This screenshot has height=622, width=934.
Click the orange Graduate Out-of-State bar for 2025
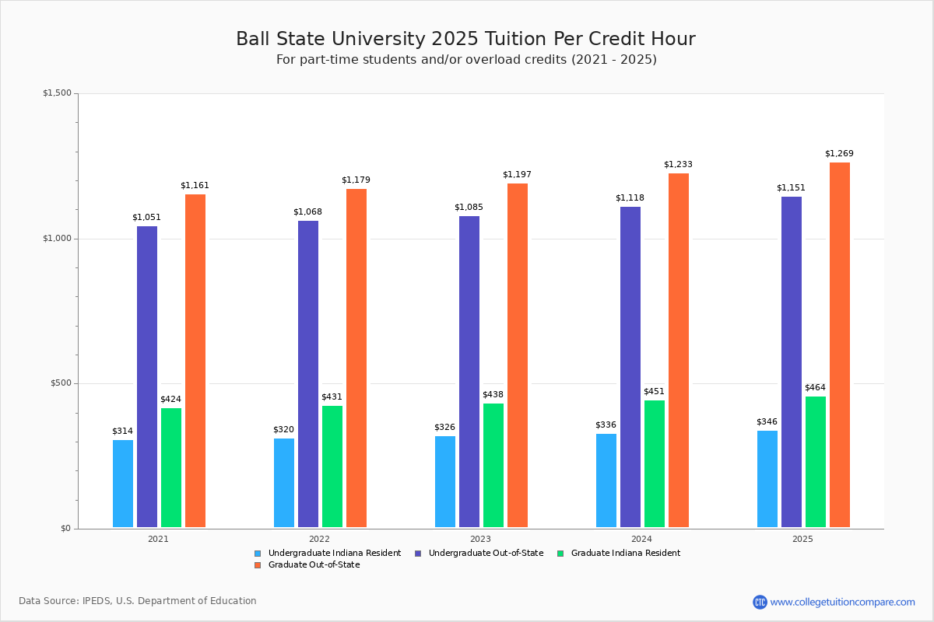pos(839,345)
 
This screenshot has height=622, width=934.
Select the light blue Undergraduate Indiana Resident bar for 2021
pos(123,484)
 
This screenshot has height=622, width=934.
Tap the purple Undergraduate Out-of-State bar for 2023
pos(469,372)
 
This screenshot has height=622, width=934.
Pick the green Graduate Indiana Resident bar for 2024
pos(655,464)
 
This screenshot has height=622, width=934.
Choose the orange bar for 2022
pos(356,358)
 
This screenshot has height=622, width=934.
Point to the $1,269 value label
pos(839,154)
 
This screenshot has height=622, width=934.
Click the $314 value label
pos(123,432)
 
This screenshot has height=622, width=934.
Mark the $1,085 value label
pos(469,208)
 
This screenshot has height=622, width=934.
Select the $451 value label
pos(654,392)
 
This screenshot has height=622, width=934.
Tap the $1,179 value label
pos(356,180)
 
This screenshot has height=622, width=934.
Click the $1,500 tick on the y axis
pos(57,93)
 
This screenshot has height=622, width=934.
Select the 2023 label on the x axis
pos(480,539)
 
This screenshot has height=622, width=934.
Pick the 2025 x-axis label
pos(802,539)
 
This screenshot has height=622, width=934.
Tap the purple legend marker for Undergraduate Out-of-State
pos(418,554)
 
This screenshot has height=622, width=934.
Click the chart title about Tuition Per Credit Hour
pos(465,40)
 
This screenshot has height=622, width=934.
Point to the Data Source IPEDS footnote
pos(138,601)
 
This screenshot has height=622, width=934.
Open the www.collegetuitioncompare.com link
pos(842,602)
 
